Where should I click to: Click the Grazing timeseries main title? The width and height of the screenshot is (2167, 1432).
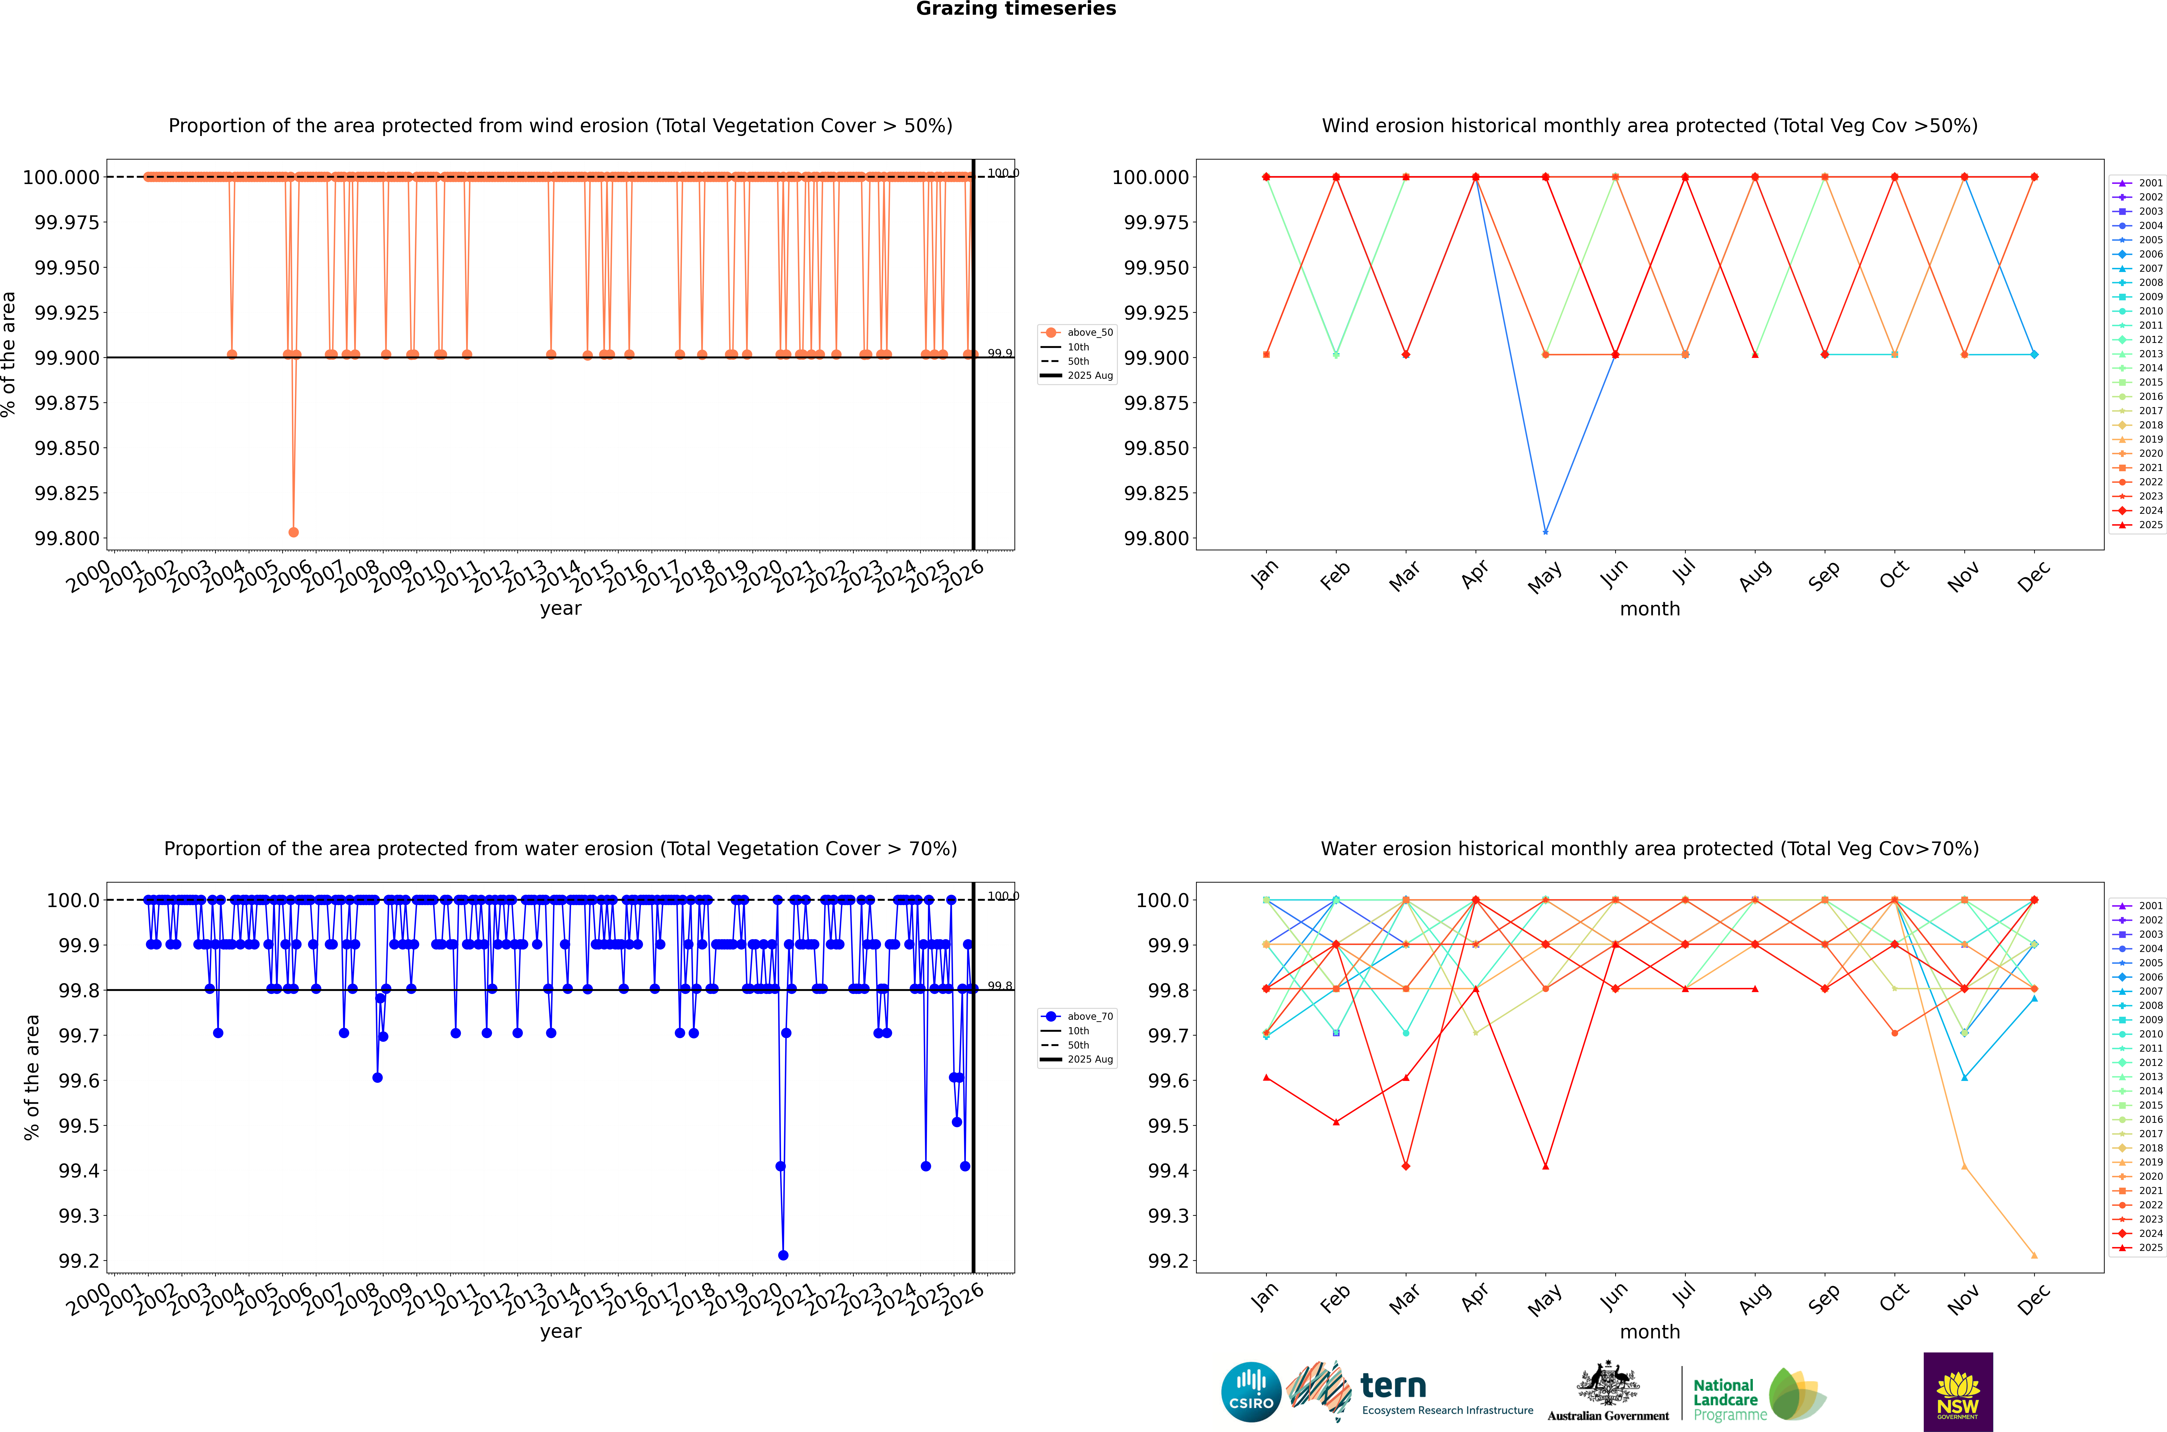pyautogui.click(x=1015, y=9)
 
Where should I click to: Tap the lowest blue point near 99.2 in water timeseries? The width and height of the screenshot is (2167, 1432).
pyautogui.click(x=783, y=1255)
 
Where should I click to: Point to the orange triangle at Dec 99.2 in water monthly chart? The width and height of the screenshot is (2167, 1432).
pyautogui.click(x=2034, y=1255)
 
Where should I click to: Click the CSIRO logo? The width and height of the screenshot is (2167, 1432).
pyautogui.click(x=1250, y=1392)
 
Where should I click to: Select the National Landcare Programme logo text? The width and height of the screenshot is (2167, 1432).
pyautogui.click(x=1725, y=1399)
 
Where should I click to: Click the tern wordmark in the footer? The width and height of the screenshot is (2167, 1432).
pyautogui.click(x=1393, y=1386)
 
